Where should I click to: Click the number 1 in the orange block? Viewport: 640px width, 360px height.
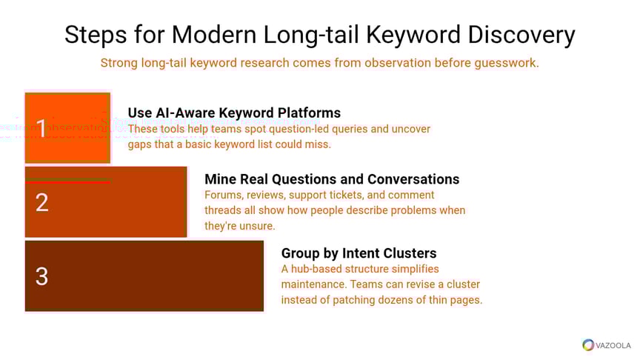pyautogui.click(x=42, y=127)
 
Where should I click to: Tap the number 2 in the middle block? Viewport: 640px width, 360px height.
pyautogui.click(x=42, y=202)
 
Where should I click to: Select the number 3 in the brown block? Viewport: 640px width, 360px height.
pyautogui.click(x=42, y=276)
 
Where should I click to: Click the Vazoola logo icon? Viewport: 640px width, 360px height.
pyautogui.click(x=588, y=344)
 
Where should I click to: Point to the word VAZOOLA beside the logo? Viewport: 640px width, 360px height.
pyautogui.click(x=612, y=345)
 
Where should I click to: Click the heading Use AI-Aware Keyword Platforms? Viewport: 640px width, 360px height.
pyautogui.click(x=234, y=113)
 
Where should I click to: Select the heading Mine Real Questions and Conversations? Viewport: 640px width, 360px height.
pyautogui.click(x=332, y=179)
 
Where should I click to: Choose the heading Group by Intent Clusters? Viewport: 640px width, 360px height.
pyautogui.click(x=359, y=253)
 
